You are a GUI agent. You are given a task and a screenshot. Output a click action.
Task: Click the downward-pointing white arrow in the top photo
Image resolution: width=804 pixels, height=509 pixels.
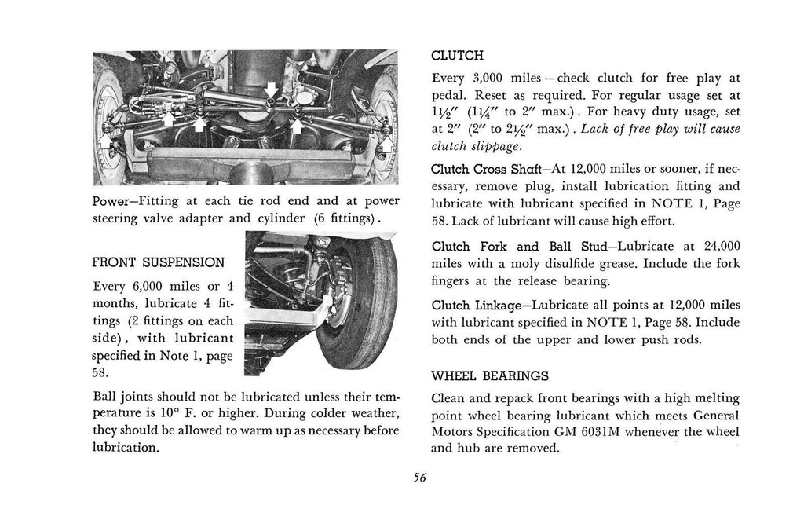[271, 90]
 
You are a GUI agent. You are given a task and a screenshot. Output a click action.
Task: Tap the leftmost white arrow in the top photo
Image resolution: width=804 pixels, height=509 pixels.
[106, 141]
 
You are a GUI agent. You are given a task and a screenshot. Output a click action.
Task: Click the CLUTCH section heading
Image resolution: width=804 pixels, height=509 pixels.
[457, 56]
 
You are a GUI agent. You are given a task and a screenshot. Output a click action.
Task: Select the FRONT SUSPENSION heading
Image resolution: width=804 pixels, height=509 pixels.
[159, 262]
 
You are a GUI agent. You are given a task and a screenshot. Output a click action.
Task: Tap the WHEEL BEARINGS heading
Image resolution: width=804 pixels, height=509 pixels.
[490, 376]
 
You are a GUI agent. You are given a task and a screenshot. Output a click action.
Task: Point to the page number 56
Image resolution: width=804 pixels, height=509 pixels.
[419, 478]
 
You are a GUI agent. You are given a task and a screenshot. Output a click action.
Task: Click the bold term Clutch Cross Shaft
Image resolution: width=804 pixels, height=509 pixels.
[485, 170]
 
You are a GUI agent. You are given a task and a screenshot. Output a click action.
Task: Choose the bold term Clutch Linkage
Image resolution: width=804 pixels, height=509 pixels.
[476, 306]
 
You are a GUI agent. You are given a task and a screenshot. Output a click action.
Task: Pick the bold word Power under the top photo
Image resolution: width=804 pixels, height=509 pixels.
[110, 200]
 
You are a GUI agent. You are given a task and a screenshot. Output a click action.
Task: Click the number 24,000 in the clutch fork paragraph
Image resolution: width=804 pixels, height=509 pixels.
[722, 247]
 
